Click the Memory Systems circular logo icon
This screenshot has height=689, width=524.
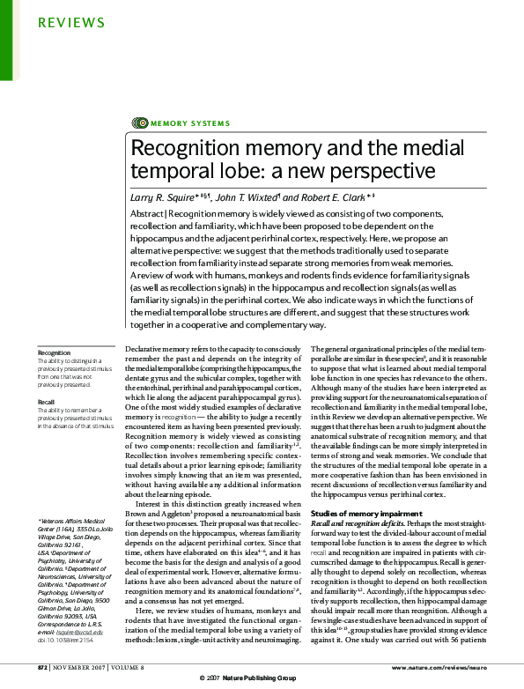pyautogui.click(x=139, y=123)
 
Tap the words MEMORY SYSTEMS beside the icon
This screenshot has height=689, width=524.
pyautogui.click(x=190, y=123)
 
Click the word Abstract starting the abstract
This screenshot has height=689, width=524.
pyautogui.click(x=147, y=214)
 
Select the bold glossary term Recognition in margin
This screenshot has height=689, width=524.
pyautogui.click(x=54, y=352)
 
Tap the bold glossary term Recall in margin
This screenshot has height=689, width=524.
pyautogui.click(x=47, y=401)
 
